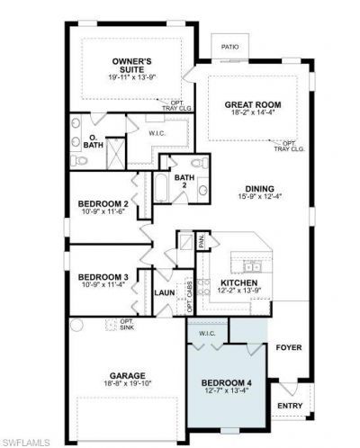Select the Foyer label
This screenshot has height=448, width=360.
(x=288, y=346)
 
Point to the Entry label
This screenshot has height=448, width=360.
(x=290, y=406)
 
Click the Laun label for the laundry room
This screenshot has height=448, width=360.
(x=164, y=292)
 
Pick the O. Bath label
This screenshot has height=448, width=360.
(x=92, y=139)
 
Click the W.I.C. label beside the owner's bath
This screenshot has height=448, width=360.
(x=157, y=133)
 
